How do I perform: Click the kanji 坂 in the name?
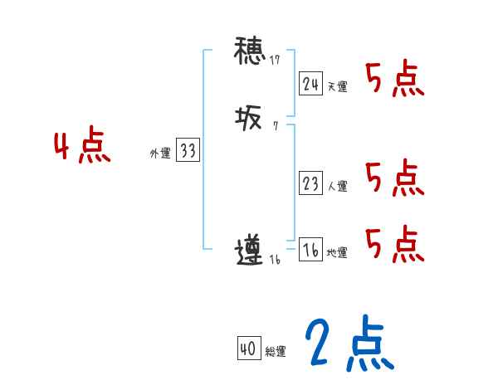point(248,119)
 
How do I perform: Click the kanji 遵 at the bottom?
point(249,251)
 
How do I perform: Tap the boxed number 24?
point(311,84)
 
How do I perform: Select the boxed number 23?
point(311,184)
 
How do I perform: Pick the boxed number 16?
point(311,251)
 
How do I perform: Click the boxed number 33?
point(188,151)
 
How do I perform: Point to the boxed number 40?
point(248,349)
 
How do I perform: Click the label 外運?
point(160,154)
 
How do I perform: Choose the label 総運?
point(276,352)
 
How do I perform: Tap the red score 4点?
point(82,147)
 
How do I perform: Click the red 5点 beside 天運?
point(395,80)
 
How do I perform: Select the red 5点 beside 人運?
point(395,178)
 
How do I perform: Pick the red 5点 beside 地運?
point(395,245)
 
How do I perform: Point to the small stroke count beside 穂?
point(275,60)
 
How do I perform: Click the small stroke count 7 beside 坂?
point(275,127)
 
